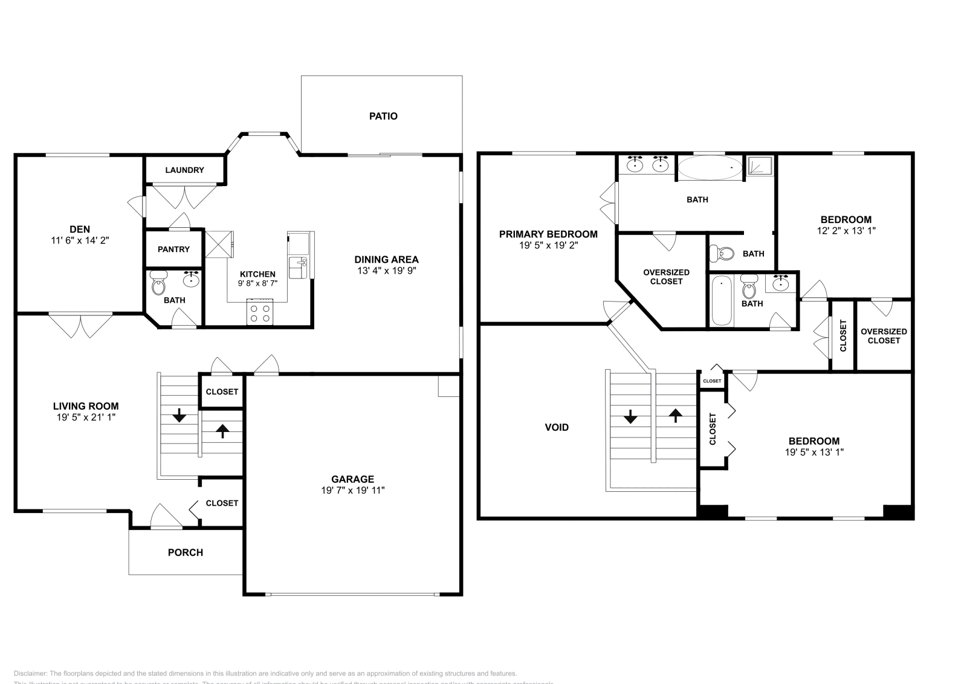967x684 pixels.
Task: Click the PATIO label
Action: point(383,116)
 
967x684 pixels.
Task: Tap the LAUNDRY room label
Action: point(184,170)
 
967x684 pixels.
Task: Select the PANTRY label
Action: point(173,250)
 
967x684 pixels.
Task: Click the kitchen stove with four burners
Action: point(260,312)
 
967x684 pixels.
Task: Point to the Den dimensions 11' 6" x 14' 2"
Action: point(80,240)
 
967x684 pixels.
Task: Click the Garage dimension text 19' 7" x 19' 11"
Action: point(352,491)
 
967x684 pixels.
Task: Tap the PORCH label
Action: point(185,552)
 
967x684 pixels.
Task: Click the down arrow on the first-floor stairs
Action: point(179,416)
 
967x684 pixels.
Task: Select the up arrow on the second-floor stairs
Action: point(675,415)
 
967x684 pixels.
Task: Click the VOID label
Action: point(557,428)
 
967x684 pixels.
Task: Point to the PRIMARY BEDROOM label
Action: point(548,234)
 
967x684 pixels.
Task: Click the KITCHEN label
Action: point(257,274)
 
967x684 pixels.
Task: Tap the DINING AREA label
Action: point(386,260)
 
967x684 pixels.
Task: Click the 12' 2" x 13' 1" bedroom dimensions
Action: point(846,230)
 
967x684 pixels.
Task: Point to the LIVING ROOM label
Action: point(86,407)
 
